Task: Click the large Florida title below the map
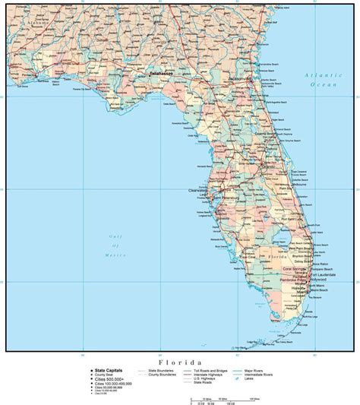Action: [180, 363]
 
